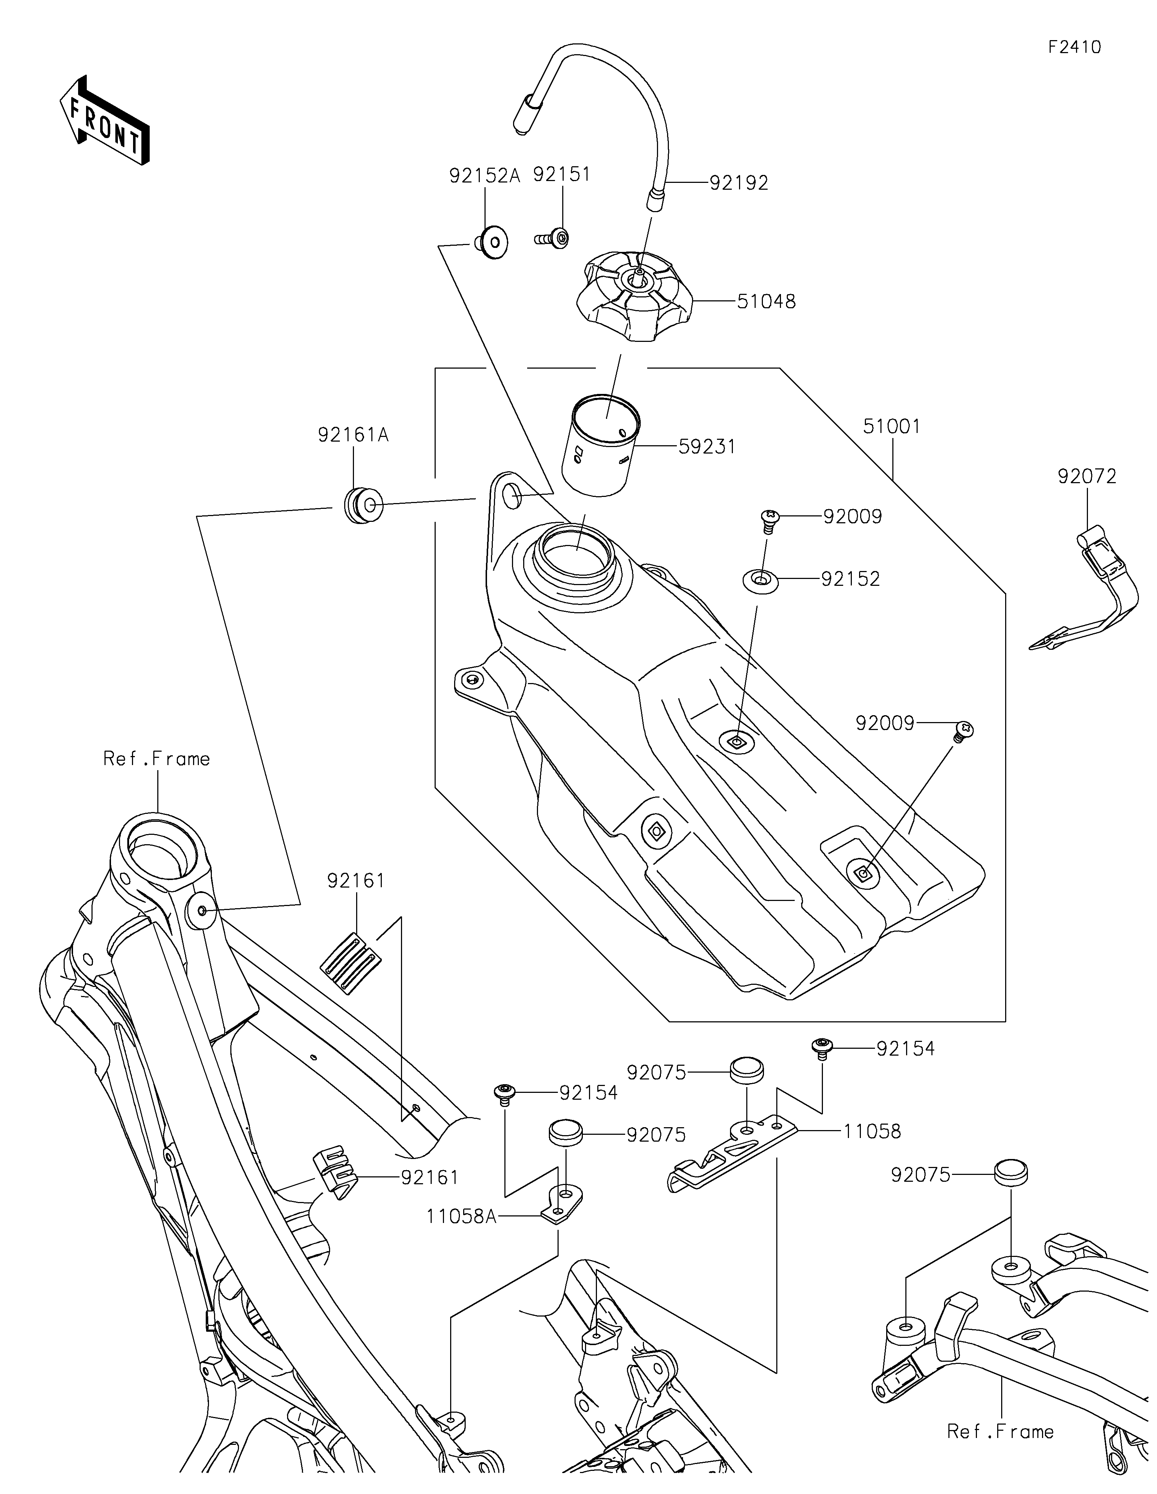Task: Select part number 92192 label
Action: (739, 183)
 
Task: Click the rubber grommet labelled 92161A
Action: (363, 506)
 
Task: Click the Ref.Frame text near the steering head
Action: (157, 759)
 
